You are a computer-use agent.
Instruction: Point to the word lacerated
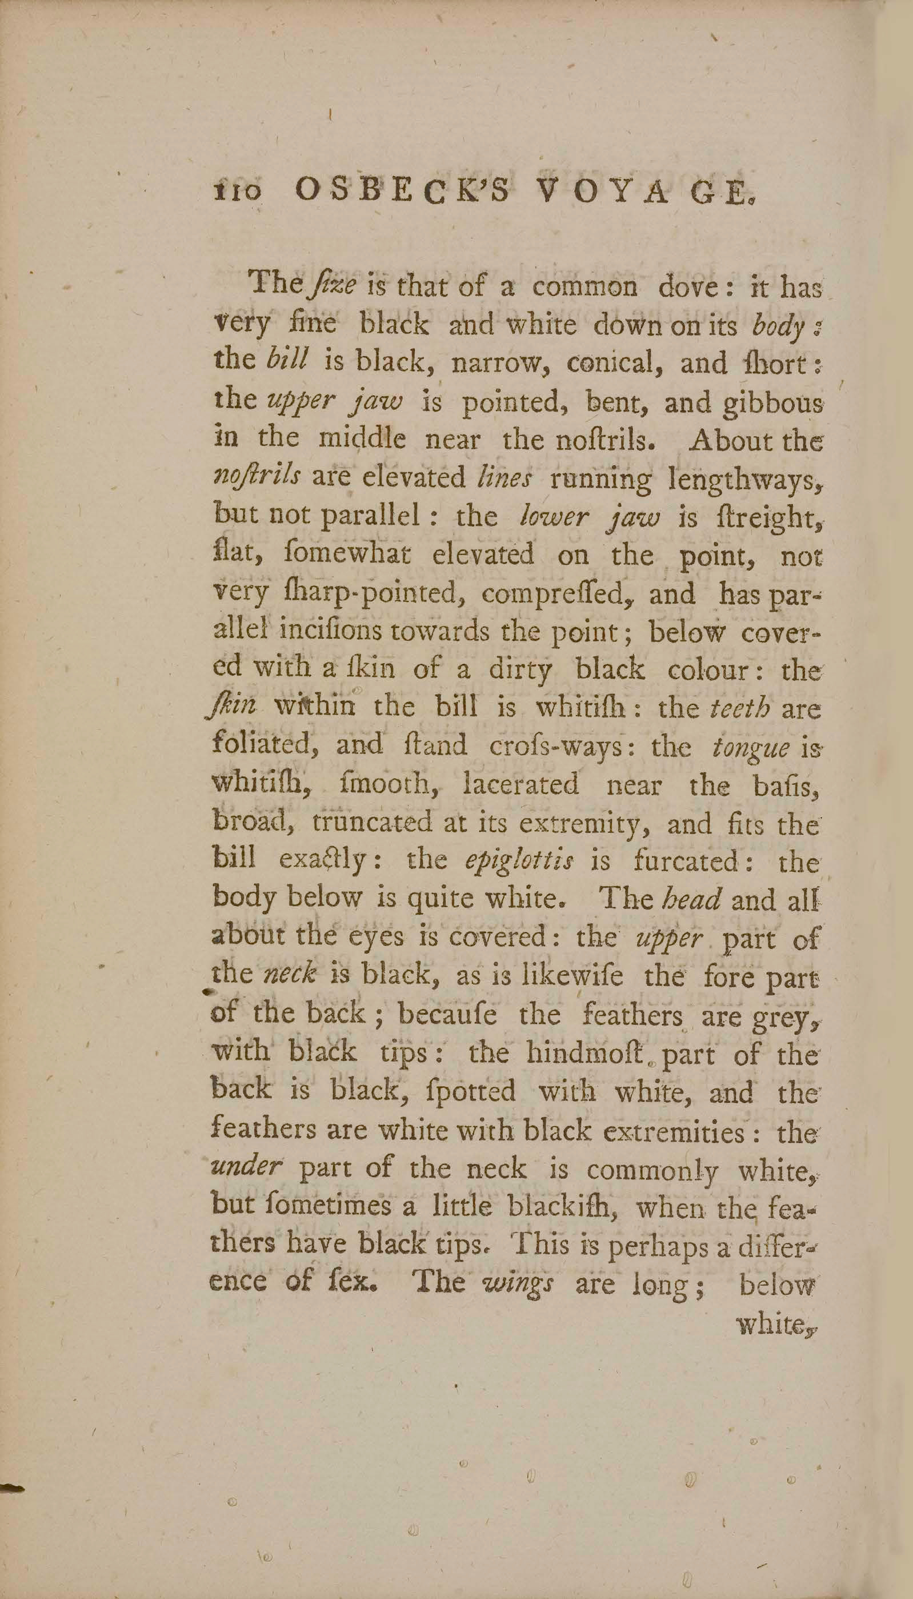click(520, 785)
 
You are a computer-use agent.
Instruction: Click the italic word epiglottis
click(519, 862)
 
